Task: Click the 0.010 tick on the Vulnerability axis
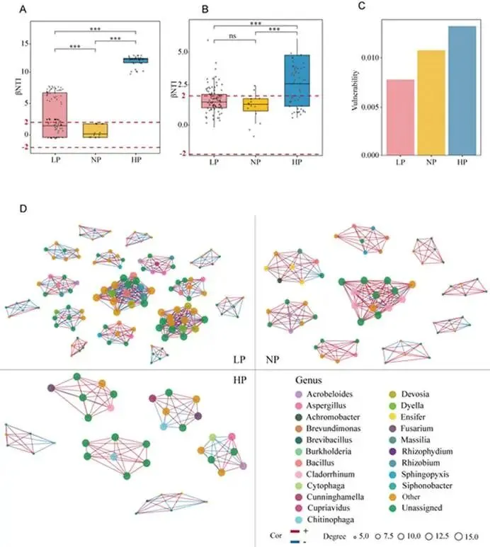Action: pos(372,57)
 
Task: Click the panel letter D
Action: pos(24,211)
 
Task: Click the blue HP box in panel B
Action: pos(297,81)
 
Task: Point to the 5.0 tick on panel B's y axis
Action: pos(183,52)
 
